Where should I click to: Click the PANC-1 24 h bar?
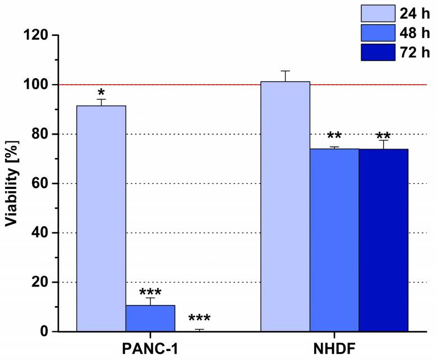101,219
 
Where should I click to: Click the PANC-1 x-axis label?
150,348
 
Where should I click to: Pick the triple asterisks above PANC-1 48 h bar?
150,292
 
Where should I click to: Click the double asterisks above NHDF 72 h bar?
383,136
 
